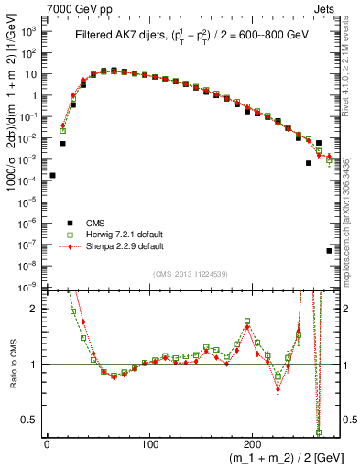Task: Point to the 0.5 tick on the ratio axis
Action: (32, 420)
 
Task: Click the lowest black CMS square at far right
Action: (329, 250)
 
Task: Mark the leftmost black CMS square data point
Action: (52, 175)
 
